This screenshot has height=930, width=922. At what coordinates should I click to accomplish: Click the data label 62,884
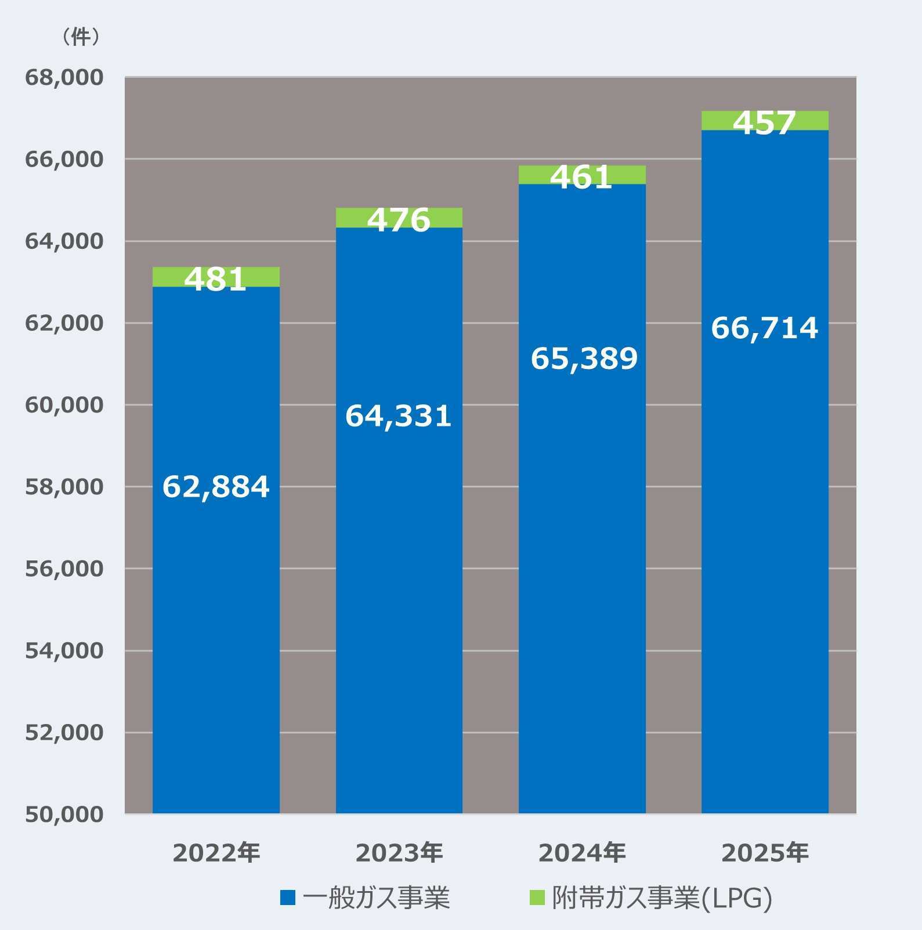click(216, 486)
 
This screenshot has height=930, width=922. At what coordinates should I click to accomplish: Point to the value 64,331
click(399, 416)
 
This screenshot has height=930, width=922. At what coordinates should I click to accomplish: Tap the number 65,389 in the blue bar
click(584, 358)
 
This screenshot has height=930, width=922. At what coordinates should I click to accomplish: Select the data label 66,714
click(765, 328)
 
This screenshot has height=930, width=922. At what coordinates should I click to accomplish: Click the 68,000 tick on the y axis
click(64, 77)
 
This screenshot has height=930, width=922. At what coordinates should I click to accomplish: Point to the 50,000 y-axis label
click(64, 814)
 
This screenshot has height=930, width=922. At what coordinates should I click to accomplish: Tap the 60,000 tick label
click(64, 405)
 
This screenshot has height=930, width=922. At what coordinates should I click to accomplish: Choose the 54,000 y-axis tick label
click(64, 650)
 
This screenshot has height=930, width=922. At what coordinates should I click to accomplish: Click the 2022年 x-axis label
click(216, 852)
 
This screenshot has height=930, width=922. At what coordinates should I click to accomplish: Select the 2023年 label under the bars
click(399, 852)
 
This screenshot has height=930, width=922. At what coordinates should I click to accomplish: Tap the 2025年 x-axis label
click(765, 852)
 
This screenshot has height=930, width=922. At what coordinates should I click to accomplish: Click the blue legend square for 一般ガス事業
click(288, 898)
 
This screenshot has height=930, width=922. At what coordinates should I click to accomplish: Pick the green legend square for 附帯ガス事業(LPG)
click(537, 898)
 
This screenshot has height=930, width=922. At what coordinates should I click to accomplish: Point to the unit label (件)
click(81, 37)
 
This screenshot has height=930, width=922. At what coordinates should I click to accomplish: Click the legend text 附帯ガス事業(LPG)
click(662, 898)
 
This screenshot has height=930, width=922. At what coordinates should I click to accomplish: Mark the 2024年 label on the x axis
click(582, 852)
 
